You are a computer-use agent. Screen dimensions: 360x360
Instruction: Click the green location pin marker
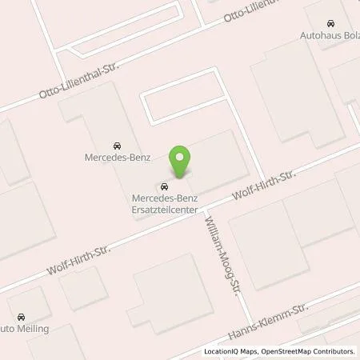point(179,162)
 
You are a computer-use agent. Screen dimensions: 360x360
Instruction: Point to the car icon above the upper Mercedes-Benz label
point(117,145)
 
